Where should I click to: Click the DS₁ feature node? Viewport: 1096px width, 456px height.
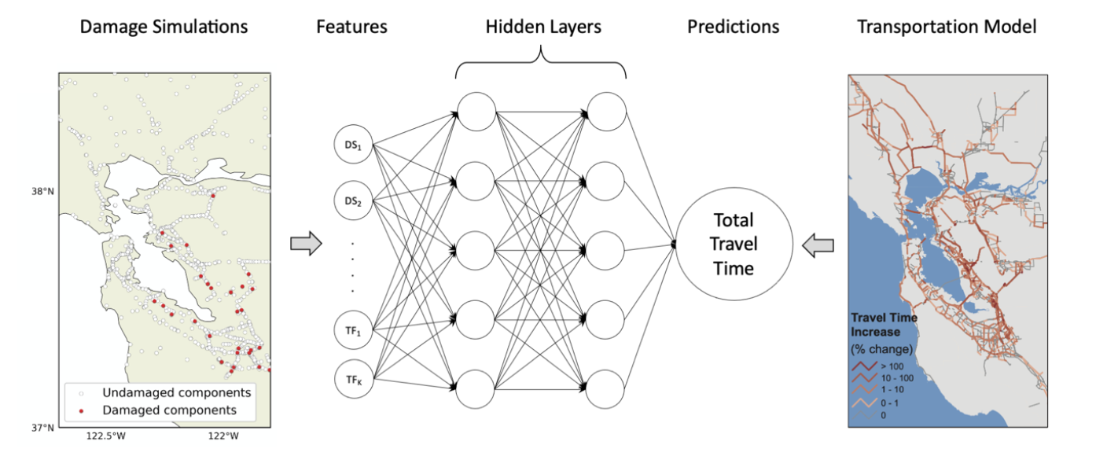(x=353, y=145)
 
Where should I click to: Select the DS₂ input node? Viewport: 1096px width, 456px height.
(x=353, y=200)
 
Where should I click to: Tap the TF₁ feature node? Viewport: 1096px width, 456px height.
(x=353, y=330)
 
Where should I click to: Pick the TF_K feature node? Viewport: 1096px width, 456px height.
(x=354, y=379)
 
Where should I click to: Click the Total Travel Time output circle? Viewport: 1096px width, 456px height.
(x=734, y=244)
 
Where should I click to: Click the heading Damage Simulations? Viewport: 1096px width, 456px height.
(x=164, y=27)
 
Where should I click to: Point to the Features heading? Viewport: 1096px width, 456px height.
(x=351, y=27)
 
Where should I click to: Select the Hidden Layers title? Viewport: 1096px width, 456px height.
(x=543, y=27)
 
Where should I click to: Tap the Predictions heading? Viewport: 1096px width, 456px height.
(x=733, y=27)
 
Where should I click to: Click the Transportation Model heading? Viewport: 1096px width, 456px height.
(x=947, y=27)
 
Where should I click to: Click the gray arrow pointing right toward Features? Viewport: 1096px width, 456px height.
(x=307, y=243)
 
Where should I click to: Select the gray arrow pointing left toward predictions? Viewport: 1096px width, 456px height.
(x=818, y=245)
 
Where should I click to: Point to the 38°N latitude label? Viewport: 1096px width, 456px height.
(x=43, y=191)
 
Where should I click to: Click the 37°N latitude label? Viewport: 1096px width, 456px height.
(x=43, y=428)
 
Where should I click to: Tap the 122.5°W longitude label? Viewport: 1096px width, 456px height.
(x=106, y=436)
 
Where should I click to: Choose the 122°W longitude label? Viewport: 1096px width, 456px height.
(x=223, y=436)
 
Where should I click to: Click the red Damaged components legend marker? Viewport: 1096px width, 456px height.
(x=81, y=411)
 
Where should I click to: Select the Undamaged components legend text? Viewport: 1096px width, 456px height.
(x=177, y=392)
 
